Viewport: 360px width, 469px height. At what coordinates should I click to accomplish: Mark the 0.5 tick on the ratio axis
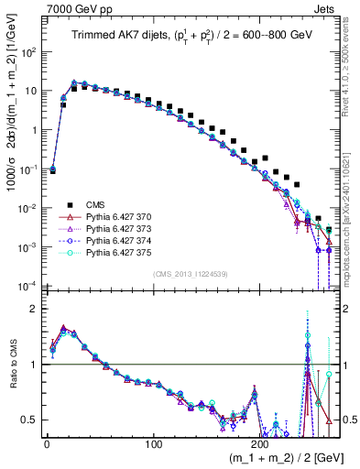click(32, 420)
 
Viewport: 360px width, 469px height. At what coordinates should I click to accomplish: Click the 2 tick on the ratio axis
click(35, 309)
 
